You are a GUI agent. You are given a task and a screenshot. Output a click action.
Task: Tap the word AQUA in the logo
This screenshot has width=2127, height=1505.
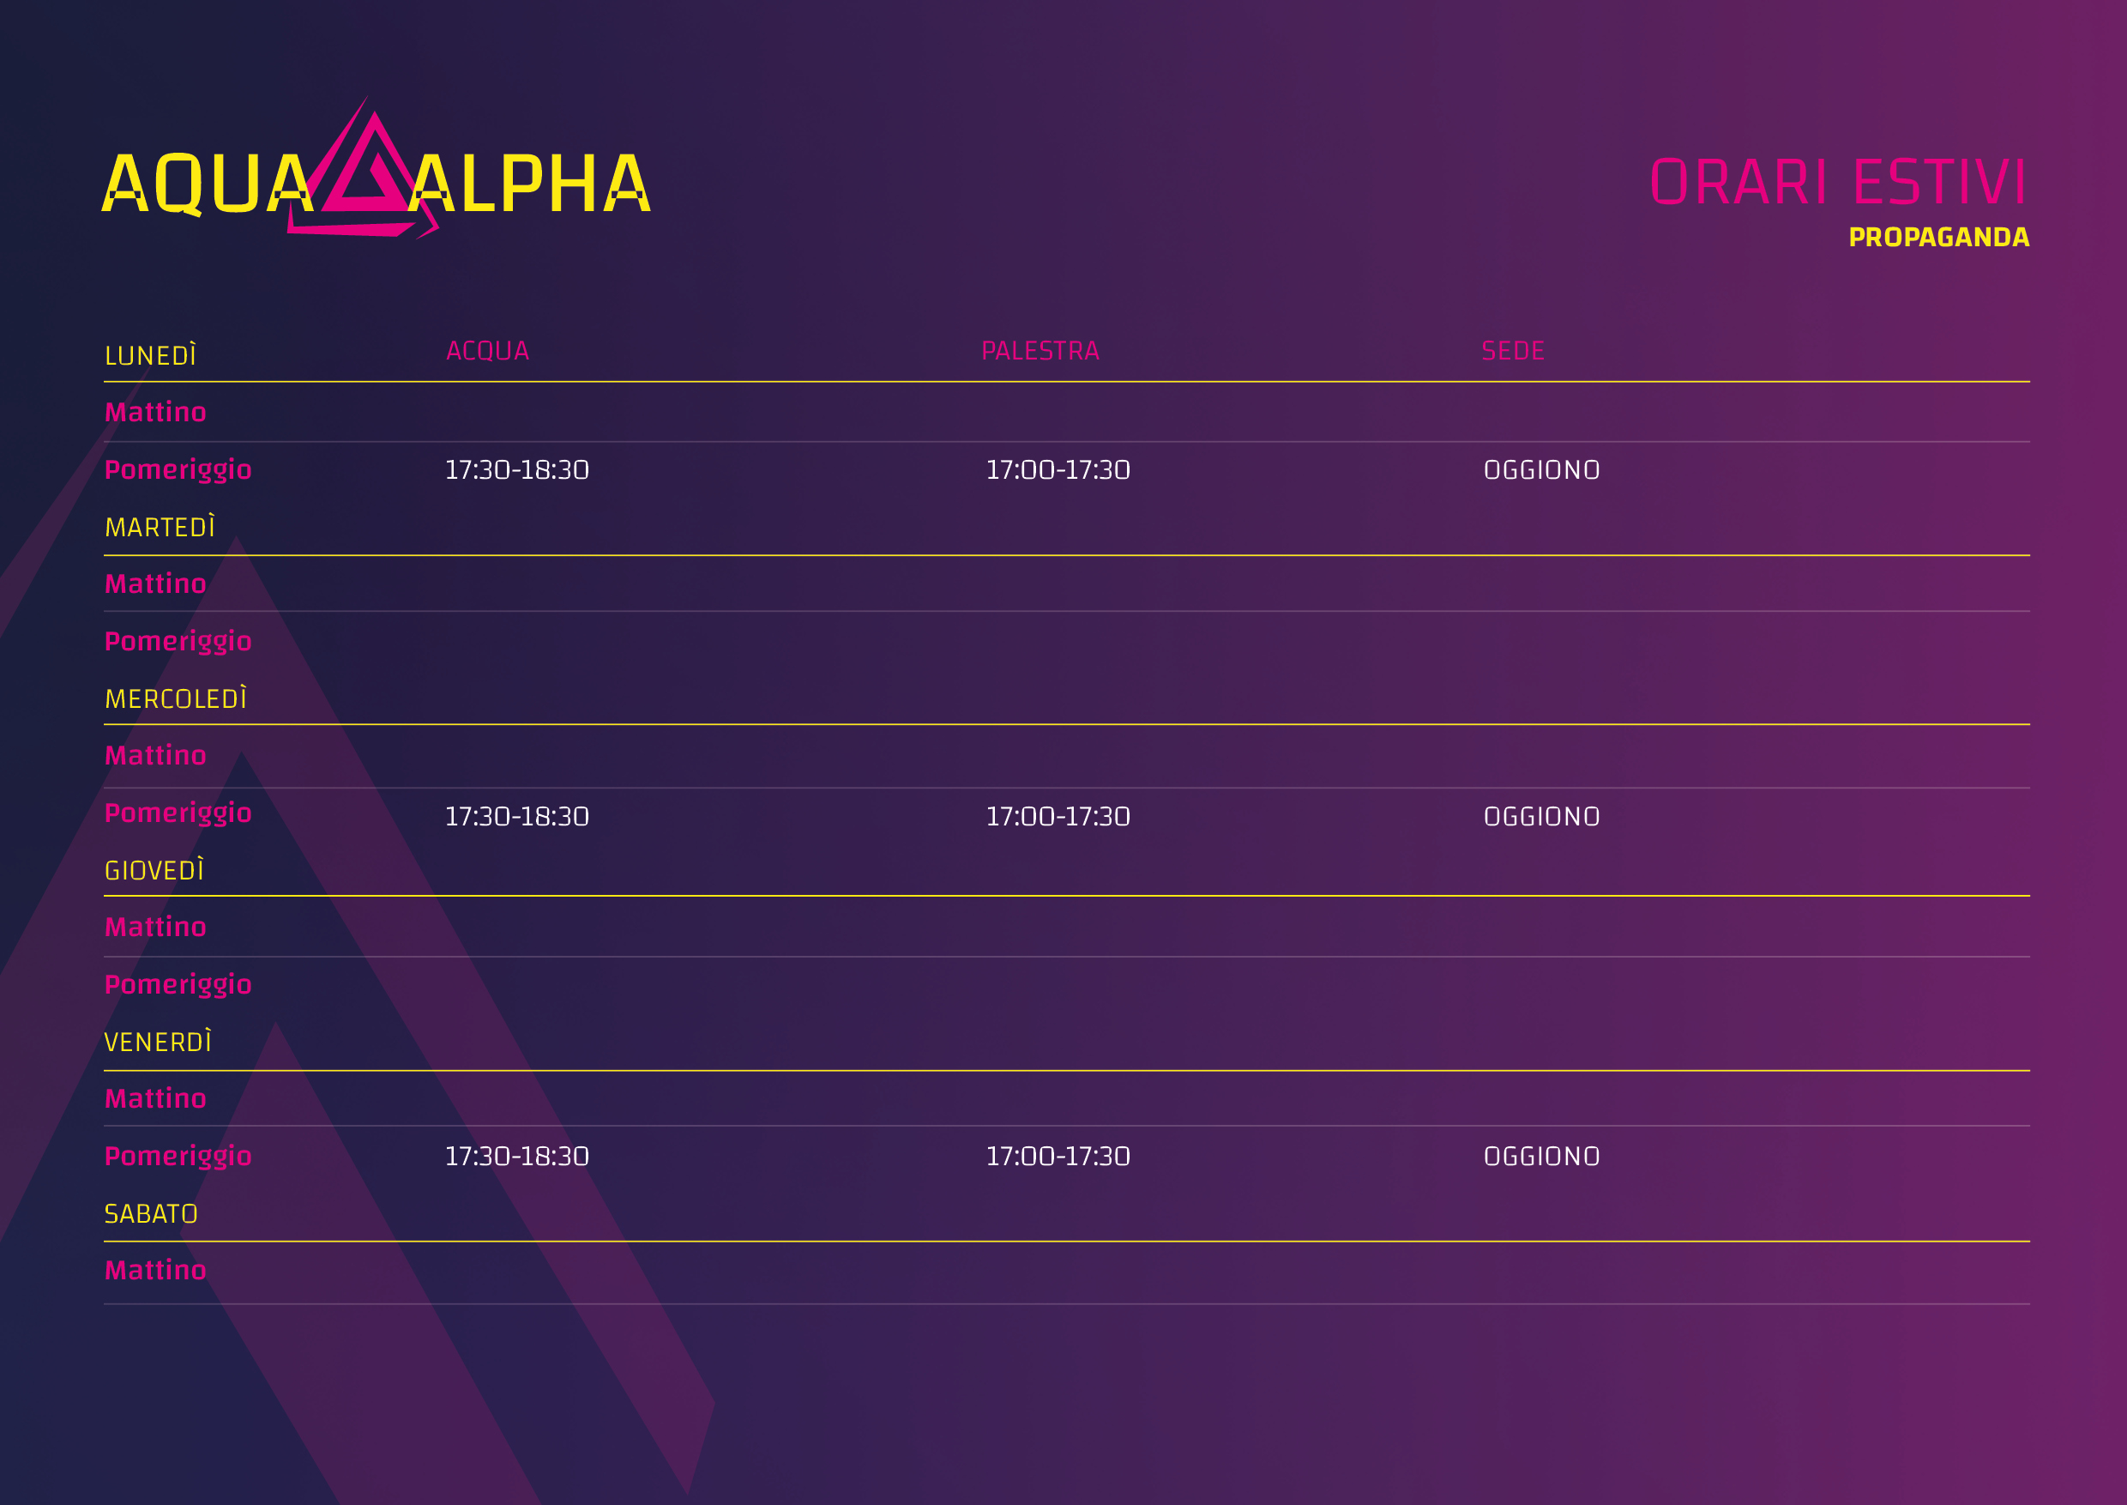pyautogui.click(x=208, y=184)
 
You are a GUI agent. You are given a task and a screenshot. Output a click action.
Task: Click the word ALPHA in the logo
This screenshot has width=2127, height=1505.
pyautogui.click(x=530, y=184)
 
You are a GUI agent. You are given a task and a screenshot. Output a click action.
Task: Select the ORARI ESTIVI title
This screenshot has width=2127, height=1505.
pyautogui.click(x=1839, y=182)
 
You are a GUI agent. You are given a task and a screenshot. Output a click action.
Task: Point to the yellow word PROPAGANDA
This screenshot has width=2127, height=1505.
pyautogui.click(x=1939, y=237)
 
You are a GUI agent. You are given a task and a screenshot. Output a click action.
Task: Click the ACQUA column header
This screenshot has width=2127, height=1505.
pyautogui.click(x=487, y=351)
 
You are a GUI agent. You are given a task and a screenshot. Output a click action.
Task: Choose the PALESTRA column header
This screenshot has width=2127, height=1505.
pyautogui.click(x=1040, y=351)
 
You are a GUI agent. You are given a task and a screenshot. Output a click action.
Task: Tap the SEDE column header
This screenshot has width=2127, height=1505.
pyautogui.click(x=1513, y=351)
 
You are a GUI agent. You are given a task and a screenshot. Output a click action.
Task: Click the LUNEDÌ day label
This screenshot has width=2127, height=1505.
pyautogui.click(x=151, y=354)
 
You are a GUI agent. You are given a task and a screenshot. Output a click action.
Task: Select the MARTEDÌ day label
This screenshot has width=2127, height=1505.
pyautogui.click(x=160, y=526)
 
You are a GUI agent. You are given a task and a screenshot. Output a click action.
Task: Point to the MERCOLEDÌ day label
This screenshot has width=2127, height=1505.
pyautogui.click(x=176, y=698)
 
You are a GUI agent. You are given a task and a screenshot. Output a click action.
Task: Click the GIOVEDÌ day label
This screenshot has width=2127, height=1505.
pyautogui.click(x=154, y=869)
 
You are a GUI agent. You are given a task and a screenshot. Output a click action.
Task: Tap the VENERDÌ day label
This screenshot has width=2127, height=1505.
pyautogui.click(x=159, y=1041)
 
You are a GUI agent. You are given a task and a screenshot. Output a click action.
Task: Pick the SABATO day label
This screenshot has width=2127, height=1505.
pyautogui.click(x=151, y=1214)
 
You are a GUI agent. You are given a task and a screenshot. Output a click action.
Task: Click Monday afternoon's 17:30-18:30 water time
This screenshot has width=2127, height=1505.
pyautogui.click(x=517, y=470)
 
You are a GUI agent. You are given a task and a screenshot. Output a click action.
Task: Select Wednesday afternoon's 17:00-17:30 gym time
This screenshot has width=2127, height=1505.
pyautogui.click(x=1058, y=817)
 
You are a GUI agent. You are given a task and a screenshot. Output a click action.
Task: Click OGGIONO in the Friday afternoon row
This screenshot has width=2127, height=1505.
pyautogui.click(x=1541, y=1157)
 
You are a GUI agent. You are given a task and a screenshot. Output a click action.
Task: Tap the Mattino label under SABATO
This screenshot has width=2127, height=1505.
pyautogui.click(x=155, y=1270)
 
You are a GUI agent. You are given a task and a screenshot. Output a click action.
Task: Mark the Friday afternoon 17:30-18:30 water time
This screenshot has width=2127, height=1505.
pyautogui.click(x=517, y=1157)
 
